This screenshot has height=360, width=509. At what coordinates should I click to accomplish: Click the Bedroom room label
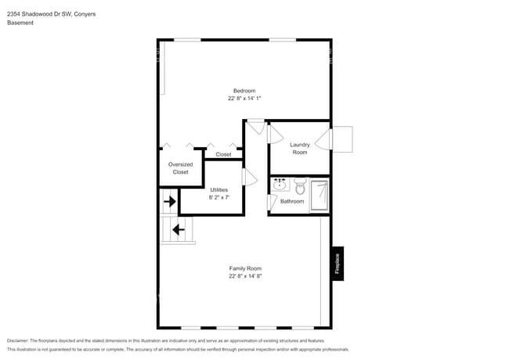pos(244,91)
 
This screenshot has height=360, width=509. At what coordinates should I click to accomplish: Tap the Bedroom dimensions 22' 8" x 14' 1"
pos(244,99)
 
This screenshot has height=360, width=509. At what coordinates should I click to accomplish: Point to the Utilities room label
pos(219,189)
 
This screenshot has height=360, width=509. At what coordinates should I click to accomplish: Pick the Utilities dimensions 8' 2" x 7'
pos(219,197)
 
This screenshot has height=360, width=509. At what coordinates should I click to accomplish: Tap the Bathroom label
pos(292,201)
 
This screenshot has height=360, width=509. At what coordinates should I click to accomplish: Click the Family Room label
pos(244,268)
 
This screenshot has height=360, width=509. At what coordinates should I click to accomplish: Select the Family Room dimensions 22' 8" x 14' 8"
pos(244,276)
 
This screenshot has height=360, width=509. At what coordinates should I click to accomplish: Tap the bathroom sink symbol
pos(280,185)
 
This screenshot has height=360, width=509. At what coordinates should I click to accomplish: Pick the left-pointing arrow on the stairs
pos(178,229)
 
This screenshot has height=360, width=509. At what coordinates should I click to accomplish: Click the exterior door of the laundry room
pos(342,139)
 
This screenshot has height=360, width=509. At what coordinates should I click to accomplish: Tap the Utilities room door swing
pos(249,178)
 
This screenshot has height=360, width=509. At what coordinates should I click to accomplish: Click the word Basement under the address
pos(20,23)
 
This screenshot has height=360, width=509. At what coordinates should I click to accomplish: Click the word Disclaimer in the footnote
pos(17,341)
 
